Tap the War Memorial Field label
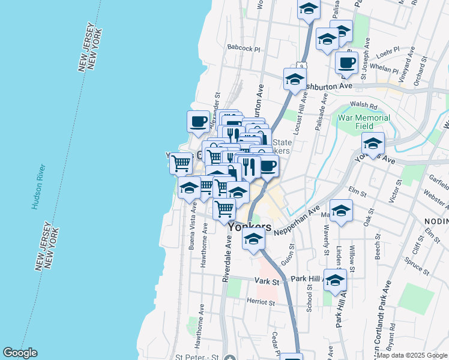[364, 122]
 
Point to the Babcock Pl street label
[244, 47]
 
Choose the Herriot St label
[259, 302]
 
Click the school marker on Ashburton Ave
[295, 79]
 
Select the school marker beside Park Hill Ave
[335, 280]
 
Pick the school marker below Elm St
[341, 211]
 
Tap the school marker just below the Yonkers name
[253, 239]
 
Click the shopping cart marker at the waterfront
[181, 162]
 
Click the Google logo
[20, 353]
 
